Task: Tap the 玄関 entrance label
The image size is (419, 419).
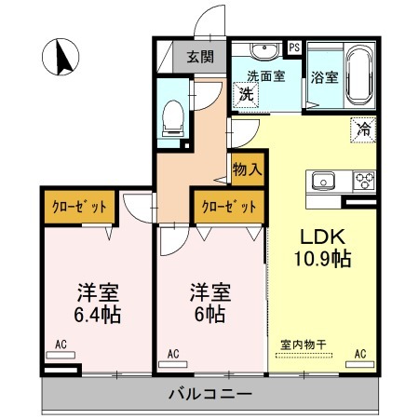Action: tap(199, 57)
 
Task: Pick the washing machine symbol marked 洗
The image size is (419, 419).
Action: tap(247, 93)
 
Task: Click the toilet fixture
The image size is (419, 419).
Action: tap(174, 115)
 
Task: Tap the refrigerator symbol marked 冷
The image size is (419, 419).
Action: tap(363, 130)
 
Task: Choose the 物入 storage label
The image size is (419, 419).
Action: tap(247, 170)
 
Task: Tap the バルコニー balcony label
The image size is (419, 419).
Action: tap(209, 394)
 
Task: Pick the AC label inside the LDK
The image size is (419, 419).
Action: tap(359, 353)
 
